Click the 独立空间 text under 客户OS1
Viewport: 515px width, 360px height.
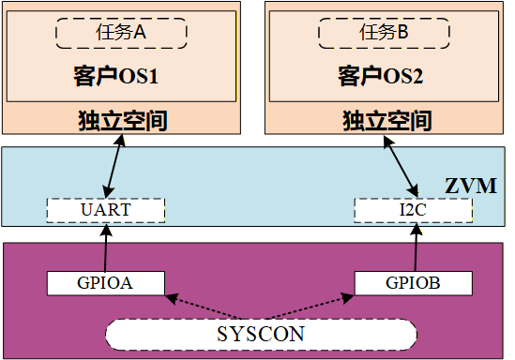121,121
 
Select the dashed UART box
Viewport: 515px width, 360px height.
106,209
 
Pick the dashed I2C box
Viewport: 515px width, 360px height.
412,209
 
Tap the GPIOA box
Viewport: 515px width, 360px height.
105,281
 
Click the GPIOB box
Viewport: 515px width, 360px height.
413,281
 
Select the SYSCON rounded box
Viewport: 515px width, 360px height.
261,334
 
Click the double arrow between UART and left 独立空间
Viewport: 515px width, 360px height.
114,165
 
